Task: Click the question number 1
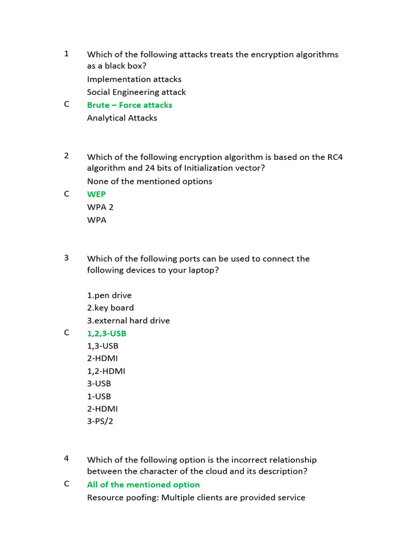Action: (67, 54)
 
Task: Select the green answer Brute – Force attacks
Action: (129, 105)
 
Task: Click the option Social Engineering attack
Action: (136, 92)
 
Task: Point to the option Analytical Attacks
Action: (122, 118)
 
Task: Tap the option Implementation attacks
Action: (134, 79)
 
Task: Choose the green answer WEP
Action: (96, 194)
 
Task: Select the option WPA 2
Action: (100, 207)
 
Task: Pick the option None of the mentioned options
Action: (149, 181)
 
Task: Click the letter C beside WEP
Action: (67, 193)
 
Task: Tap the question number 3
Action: (67, 257)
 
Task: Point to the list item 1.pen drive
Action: (109, 295)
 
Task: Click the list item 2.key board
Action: (110, 308)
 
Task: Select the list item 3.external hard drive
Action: (128, 320)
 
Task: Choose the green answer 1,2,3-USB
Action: (107, 333)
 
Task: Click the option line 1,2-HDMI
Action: (106, 371)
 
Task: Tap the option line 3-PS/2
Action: (100, 421)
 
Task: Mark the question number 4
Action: (67, 458)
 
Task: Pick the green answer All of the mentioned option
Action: (143, 485)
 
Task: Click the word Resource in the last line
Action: (105, 498)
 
